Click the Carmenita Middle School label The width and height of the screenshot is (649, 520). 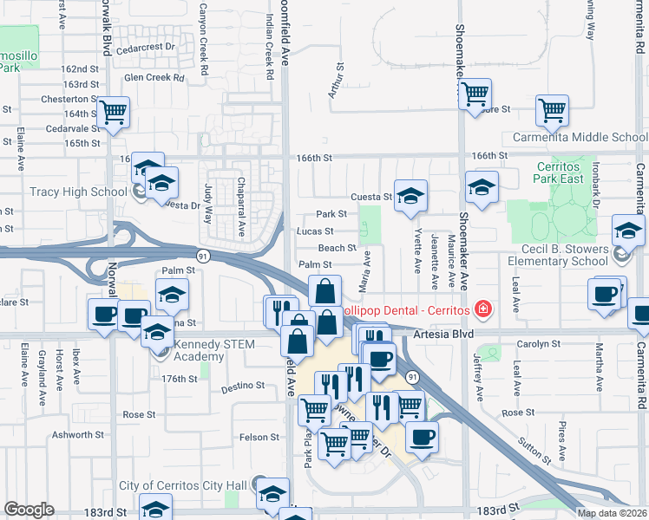[x=580, y=137]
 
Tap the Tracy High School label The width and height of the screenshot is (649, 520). [x=79, y=192]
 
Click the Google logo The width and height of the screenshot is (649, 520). [x=29, y=510]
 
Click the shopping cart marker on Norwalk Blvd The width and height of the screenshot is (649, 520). [x=113, y=111]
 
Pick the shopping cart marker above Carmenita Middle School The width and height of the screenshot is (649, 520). [x=551, y=110]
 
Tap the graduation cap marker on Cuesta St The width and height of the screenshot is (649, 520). [x=410, y=194]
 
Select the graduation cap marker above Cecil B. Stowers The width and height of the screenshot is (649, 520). [x=627, y=230]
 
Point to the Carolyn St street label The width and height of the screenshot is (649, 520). [x=541, y=344]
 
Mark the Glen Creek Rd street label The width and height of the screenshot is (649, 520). [x=154, y=77]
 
